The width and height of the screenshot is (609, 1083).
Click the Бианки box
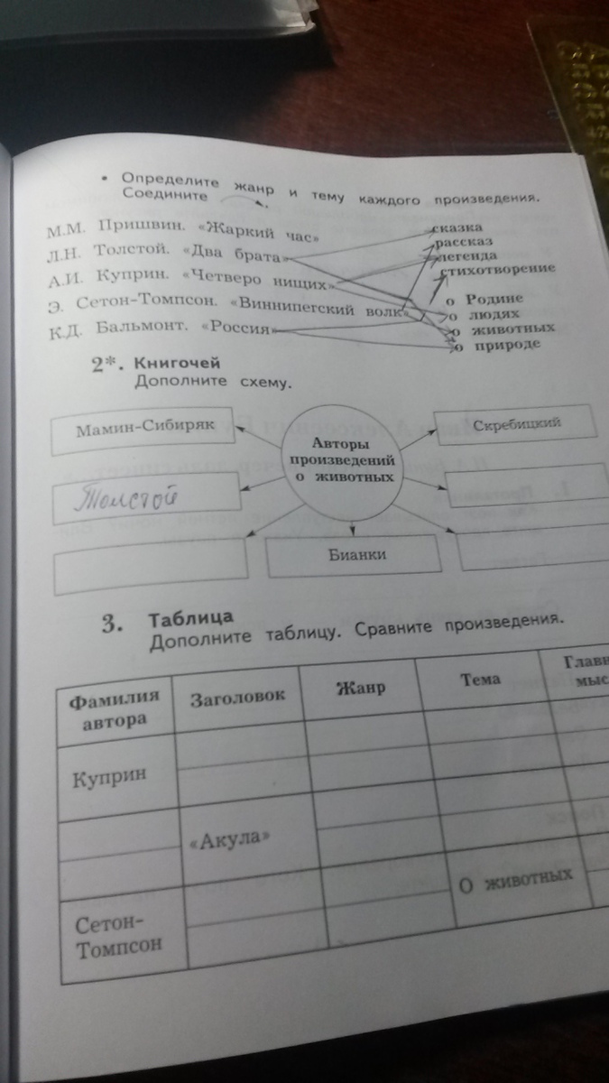357,555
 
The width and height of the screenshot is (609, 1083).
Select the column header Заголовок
237,696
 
